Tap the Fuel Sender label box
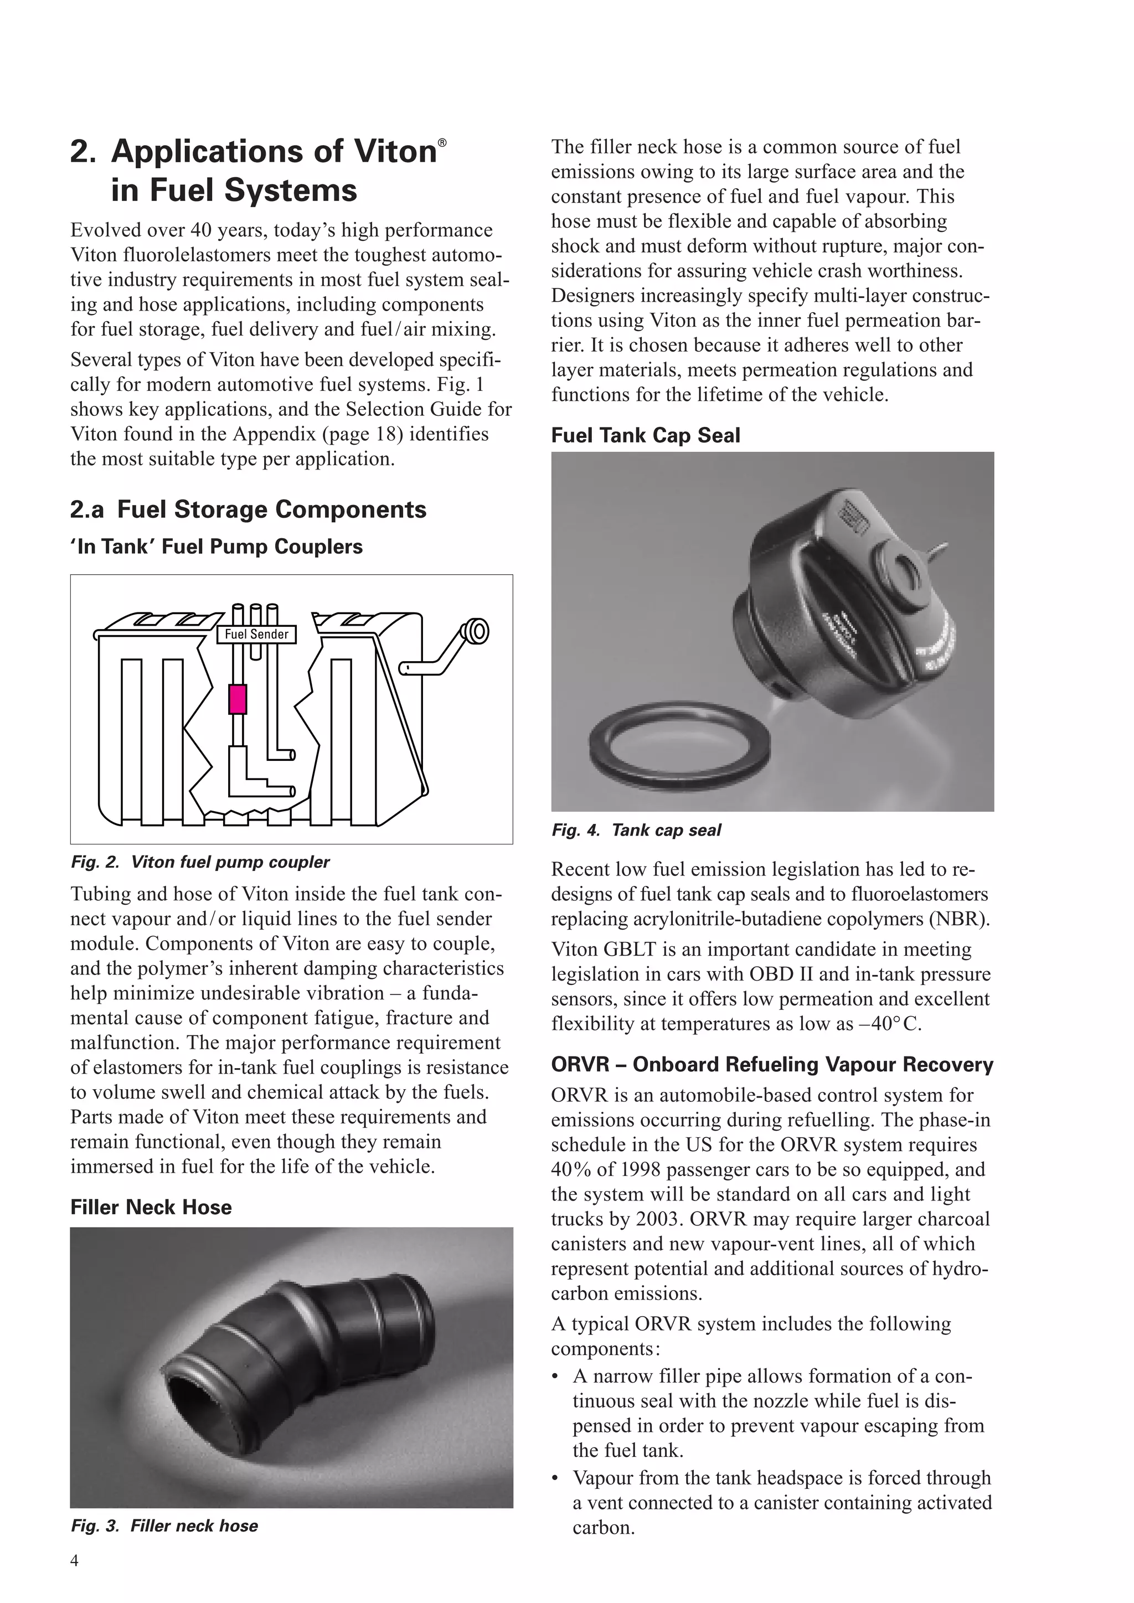point(256,634)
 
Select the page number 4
point(75,1560)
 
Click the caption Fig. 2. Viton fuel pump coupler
point(200,862)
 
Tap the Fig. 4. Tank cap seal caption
point(636,830)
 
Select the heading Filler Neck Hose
point(151,1207)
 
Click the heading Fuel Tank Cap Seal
point(645,435)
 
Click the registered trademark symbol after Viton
point(442,142)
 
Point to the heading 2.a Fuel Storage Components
point(248,509)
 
